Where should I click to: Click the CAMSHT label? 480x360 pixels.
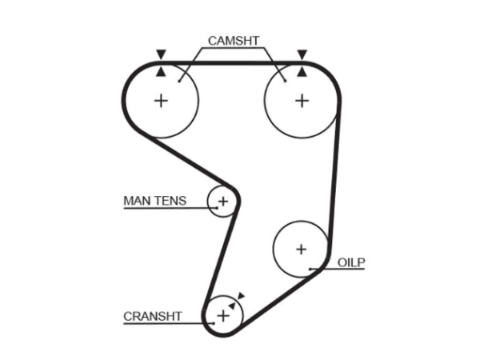click(234, 41)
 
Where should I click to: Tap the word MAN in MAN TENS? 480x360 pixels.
click(137, 201)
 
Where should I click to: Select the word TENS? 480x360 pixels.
click(170, 201)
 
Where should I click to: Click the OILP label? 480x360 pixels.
click(351, 262)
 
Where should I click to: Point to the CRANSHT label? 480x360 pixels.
click(153, 316)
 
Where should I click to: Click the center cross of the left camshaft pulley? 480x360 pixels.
click(161, 101)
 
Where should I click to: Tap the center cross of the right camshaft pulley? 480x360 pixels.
click(302, 101)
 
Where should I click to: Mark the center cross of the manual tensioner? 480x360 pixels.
click(223, 202)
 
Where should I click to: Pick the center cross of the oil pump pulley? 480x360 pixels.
click(302, 249)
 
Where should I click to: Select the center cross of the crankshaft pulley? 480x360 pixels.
click(223, 316)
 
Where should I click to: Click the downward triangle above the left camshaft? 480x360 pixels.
click(161, 54)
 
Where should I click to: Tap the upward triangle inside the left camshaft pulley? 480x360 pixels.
click(161, 72)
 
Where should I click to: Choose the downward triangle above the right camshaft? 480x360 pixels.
click(302, 54)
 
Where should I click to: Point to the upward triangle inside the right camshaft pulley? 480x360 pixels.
click(302, 72)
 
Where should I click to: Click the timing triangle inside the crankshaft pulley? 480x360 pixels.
click(232, 306)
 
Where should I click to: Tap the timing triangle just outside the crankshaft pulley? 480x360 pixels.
click(242, 296)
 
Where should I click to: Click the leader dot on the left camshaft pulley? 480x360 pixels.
click(179, 81)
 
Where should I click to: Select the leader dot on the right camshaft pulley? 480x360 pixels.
click(286, 81)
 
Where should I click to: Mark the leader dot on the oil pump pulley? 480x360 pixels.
click(310, 269)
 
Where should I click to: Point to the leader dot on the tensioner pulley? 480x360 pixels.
click(217, 208)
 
